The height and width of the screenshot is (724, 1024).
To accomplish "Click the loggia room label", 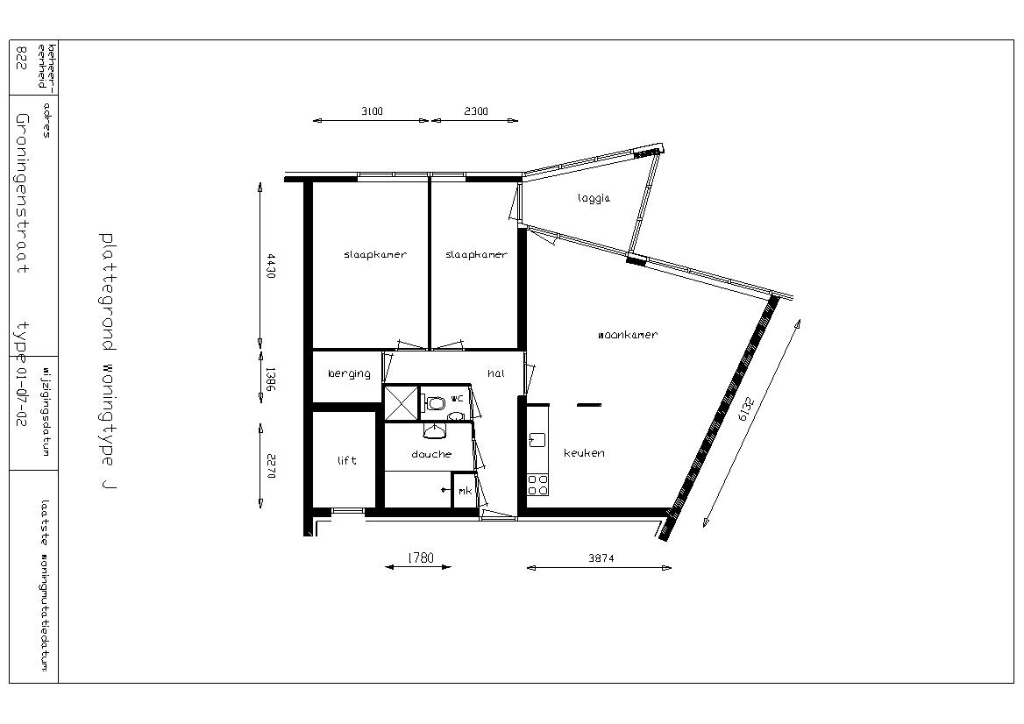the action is (x=594, y=198).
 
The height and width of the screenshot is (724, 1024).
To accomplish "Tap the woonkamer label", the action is (x=628, y=335).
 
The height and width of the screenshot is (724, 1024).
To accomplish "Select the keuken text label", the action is (x=584, y=452).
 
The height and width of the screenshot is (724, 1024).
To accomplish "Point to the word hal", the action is (x=495, y=373).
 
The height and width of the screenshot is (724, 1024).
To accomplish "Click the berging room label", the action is (x=349, y=373).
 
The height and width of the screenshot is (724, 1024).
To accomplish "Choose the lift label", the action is (x=347, y=460).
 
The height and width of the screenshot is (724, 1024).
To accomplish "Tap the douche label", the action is (x=431, y=454).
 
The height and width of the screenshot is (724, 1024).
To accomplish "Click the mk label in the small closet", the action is (x=465, y=491).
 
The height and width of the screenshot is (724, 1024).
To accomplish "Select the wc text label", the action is (x=457, y=398).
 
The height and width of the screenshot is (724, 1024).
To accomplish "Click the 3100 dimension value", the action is (x=372, y=111).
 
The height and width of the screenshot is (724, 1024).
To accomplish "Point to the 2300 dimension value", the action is (x=475, y=111).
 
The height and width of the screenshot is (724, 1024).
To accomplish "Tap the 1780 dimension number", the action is (x=421, y=558).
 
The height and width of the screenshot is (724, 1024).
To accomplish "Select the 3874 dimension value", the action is (x=601, y=558).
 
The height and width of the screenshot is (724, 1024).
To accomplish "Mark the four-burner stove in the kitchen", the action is (x=537, y=485).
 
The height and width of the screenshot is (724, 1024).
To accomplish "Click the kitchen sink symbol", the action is (x=537, y=439).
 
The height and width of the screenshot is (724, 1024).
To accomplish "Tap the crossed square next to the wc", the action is (x=401, y=403).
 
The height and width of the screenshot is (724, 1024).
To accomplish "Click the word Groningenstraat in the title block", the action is (x=22, y=194).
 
